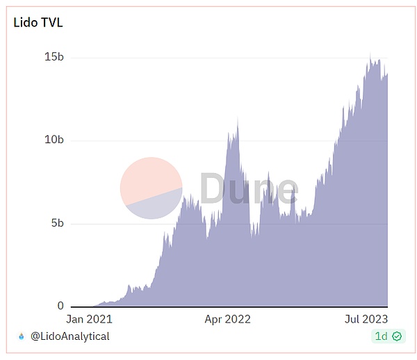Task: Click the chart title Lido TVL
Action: (38, 22)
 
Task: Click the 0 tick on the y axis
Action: (60, 306)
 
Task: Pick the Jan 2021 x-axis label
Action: (89, 320)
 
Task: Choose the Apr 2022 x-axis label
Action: (227, 320)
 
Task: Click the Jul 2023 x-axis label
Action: (366, 320)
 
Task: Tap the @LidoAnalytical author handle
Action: (69, 336)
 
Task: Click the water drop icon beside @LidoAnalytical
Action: (21, 336)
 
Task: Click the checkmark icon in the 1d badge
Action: (397, 336)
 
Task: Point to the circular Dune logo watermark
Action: (152, 188)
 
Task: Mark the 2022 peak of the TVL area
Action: (238, 122)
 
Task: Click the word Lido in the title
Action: (26, 22)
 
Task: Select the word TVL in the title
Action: (51, 22)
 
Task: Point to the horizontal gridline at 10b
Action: (139, 140)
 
